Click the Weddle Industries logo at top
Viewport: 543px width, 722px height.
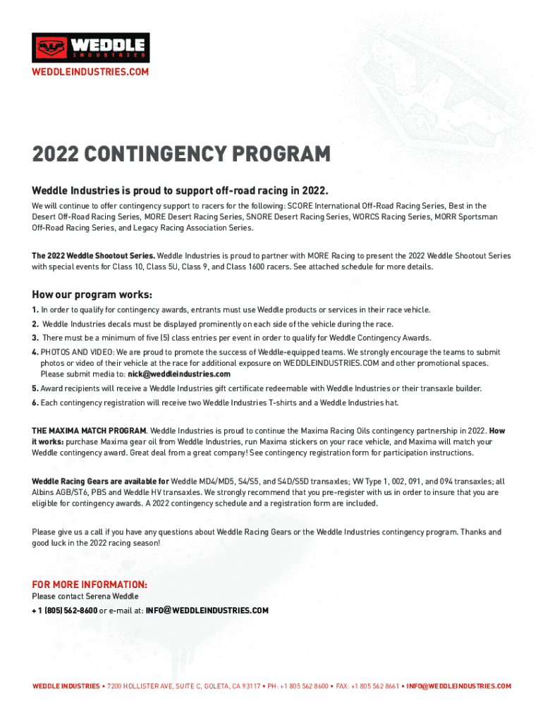91,48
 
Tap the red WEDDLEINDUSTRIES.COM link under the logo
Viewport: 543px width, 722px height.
90,73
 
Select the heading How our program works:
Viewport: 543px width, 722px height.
92,294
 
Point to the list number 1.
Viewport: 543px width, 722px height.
35,310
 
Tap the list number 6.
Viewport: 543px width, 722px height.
35,403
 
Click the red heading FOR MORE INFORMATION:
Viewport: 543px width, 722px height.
90,585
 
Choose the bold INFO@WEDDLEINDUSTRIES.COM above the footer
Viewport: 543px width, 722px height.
207,611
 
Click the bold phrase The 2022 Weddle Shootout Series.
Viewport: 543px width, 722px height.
93,255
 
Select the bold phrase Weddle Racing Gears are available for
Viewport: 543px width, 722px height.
100,482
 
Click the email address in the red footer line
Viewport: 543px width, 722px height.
458,686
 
